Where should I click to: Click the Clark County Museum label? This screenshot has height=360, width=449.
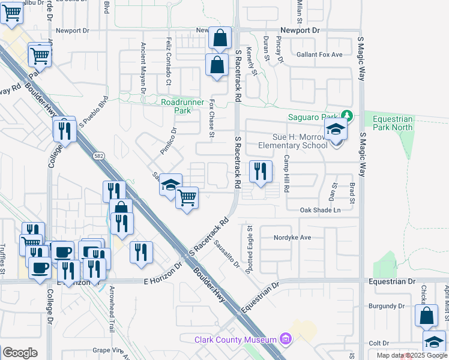(235, 340)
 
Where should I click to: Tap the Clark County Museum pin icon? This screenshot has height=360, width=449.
(285, 340)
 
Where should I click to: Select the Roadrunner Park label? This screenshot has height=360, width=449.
(184, 107)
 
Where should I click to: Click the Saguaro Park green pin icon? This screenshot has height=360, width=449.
(346, 115)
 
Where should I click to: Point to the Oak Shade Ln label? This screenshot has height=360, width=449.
(320, 210)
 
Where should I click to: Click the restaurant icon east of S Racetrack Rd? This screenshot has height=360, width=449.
(261, 172)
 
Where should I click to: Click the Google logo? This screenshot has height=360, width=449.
(20, 352)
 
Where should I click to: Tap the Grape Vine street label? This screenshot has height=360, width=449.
(108, 350)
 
